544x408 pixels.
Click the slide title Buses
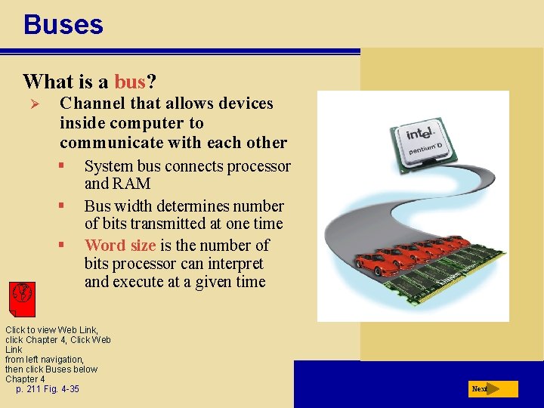(63, 25)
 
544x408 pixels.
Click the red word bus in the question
(129, 82)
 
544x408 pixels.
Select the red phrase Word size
(120, 246)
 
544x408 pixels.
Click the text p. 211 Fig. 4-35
(47, 389)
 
